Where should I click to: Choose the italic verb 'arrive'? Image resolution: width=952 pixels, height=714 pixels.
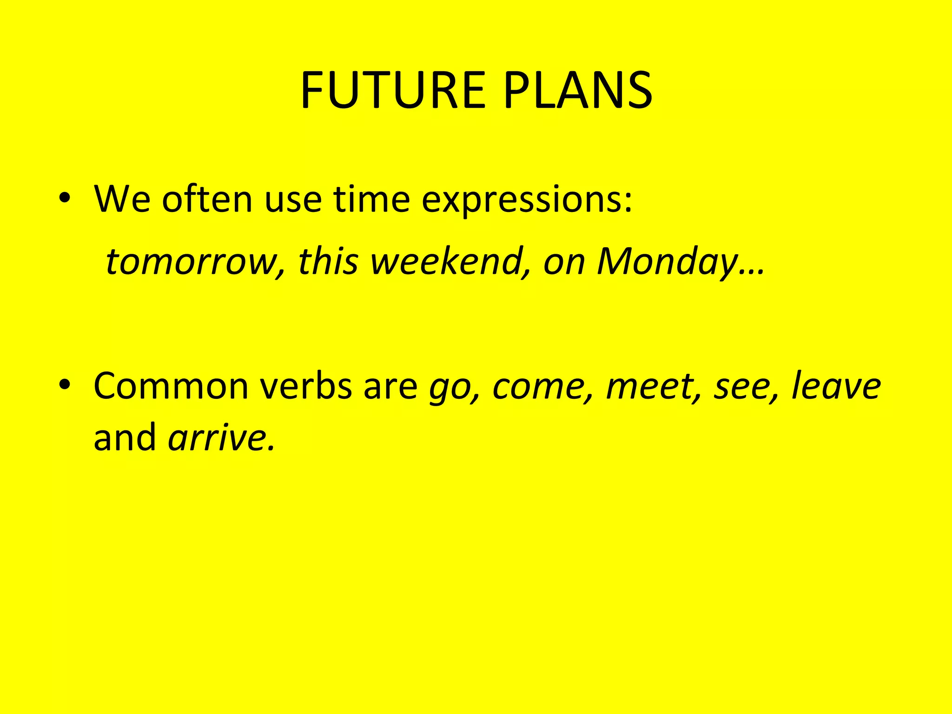coord(218,438)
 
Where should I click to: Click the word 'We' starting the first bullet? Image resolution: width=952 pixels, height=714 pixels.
coord(122,198)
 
